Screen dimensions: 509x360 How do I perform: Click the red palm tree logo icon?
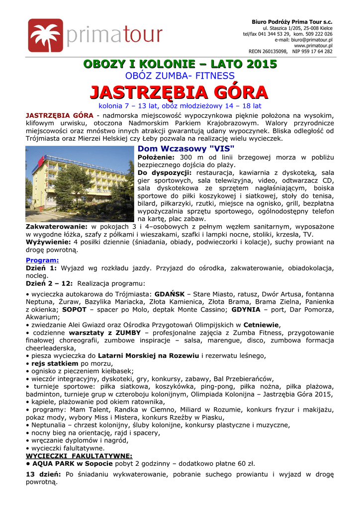click(x=45, y=35)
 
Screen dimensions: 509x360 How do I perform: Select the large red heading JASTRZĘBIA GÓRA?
click(x=180, y=92)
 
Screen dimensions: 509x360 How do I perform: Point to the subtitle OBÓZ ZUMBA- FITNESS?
click(x=180, y=76)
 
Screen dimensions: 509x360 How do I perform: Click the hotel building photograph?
click(x=80, y=183)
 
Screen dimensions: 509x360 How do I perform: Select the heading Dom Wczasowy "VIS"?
click(x=185, y=149)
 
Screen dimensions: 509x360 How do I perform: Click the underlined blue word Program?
click(x=42, y=260)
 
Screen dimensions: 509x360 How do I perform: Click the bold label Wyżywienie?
click(x=48, y=242)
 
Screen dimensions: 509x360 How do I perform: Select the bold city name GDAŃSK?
click(x=171, y=294)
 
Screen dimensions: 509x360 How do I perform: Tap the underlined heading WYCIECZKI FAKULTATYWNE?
click(x=79, y=455)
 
